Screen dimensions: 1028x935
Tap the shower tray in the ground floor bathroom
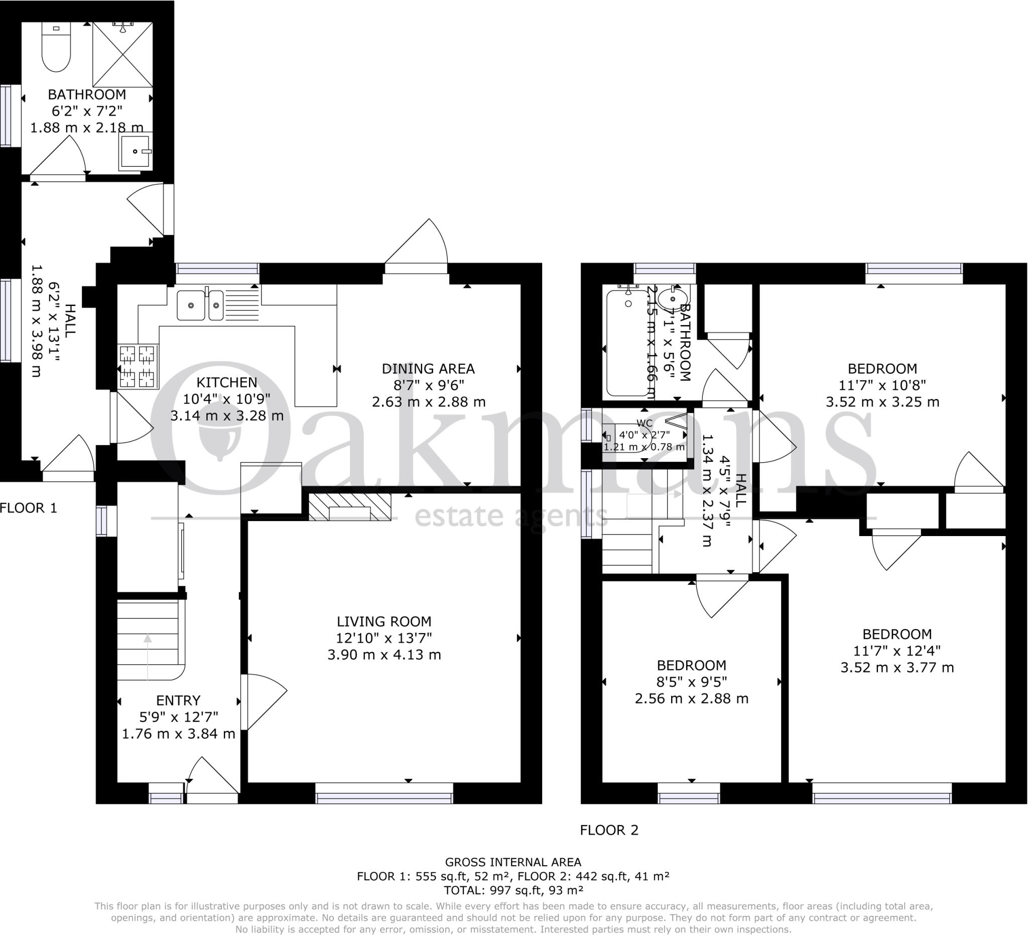pyautogui.click(x=122, y=55)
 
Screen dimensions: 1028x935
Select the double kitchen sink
pyautogui.click(x=200, y=305)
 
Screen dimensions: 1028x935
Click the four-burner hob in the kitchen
pyautogui.click(x=138, y=366)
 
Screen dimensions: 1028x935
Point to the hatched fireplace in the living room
pyautogui.click(x=350, y=507)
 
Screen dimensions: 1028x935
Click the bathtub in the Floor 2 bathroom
pyautogui.click(x=628, y=341)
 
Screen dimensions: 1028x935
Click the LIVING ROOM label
pyautogui.click(x=384, y=621)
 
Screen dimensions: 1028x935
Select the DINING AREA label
pyautogui.click(x=428, y=368)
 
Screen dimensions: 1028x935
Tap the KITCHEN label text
pyautogui.click(x=227, y=382)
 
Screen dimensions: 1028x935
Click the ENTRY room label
pyautogui.click(x=179, y=700)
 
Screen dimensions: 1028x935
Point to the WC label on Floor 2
pyautogui.click(x=645, y=424)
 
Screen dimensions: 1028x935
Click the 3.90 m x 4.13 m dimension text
pyautogui.click(x=384, y=655)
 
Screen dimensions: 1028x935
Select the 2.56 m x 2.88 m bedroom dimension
pyautogui.click(x=692, y=699)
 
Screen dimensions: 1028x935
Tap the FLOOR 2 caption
pyautogui.click(x=609, y=830)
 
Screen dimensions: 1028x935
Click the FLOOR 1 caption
pyautogui.click(x=29, y=508)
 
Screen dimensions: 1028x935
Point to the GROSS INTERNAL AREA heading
pyautogui.click(x=513, y=863)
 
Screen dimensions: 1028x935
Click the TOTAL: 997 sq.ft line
pyautogui.click(x=513, y=891)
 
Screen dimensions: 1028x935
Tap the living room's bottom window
pyautogui.click(x=384, y=794)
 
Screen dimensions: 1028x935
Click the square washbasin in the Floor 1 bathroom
pyautogui.click(x=136, y=152)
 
